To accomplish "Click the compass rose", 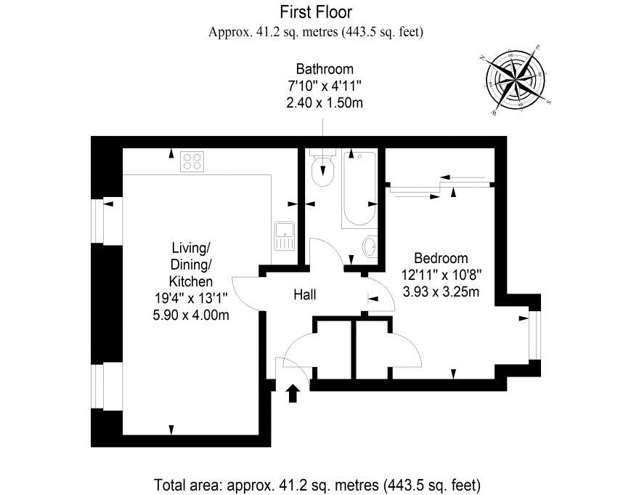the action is coord(516,80).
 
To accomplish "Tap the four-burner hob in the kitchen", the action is coord(192,161).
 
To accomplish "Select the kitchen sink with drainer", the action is coord(285,236).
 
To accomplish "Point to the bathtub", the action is coord(359,188).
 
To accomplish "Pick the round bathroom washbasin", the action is coord(370,246).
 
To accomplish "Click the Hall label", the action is coord(305,294).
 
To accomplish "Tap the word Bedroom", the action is coord(441,258).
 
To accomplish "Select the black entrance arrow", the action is coord(292,393).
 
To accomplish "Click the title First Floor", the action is coord(316,12).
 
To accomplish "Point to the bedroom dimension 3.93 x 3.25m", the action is coord(441,291).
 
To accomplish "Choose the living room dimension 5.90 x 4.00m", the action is coord(191,315).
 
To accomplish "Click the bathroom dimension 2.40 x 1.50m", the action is coord(325,102).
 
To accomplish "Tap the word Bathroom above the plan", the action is coord(325,69).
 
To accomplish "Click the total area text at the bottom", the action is coord(317,486).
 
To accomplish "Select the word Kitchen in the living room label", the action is coord(191,281).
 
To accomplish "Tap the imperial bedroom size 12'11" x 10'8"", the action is coord(441,275).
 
